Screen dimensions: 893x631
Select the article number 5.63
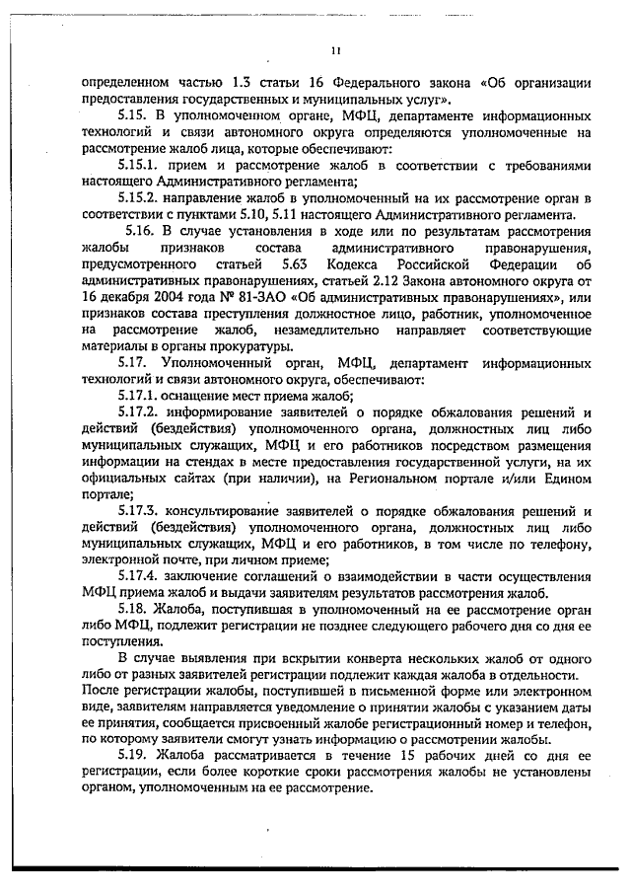pos(295,264)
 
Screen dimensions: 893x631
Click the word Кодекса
pos(364,264)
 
